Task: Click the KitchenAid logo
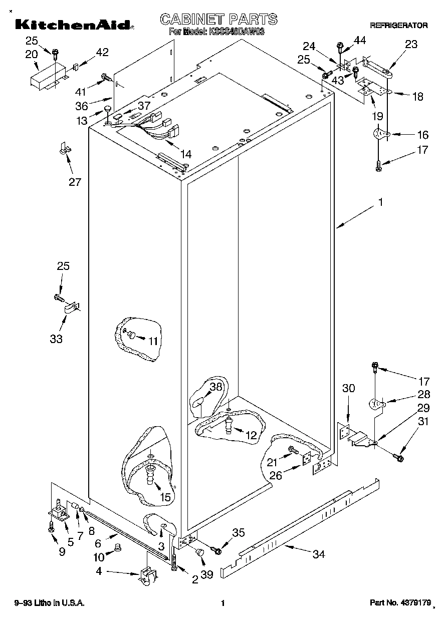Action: pyautogui.click(x=73, y=25)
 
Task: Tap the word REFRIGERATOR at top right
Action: pyautogui.click(x=398, y=25)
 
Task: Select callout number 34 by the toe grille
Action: pyautogui.click(x=319, y=554)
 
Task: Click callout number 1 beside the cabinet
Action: pyautogui.click(x=381, y=202)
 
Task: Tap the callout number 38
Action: pyautogui.click(x=215, y=387)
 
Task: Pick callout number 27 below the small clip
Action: pyautogui.click(x=74, y=182)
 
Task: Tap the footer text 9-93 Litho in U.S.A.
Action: pyautogui.click(x=49, y=603)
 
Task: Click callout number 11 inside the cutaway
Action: pyautogui.click(x=153, y=342)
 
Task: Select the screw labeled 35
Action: pyautogui.click(x=217, y=550)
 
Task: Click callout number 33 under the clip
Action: pyautogui.click(x=56, y=339)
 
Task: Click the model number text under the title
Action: pyautogui.click(x=217, y=31)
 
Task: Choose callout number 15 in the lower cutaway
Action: pyautogui.click(x=165, y=497)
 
